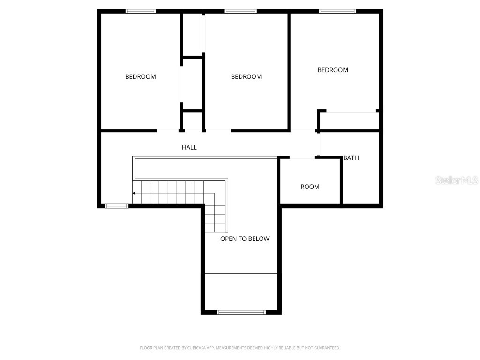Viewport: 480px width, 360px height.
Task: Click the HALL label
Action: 189,147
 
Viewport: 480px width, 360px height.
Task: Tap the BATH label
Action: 351,158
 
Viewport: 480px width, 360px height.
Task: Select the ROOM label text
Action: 310,187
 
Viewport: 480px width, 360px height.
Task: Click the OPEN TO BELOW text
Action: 245,239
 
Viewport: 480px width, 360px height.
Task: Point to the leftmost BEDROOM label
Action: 140,76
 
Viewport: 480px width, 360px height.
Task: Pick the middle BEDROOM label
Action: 246,76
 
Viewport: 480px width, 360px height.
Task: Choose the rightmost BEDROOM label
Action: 333,70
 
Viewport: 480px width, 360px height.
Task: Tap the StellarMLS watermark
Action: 456,180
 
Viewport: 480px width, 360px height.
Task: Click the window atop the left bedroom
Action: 141,11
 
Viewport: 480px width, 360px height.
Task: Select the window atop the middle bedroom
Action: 240,11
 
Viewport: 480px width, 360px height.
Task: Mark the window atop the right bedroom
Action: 337,11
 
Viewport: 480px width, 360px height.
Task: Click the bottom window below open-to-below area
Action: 241,312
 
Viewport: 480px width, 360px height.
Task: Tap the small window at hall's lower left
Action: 116,205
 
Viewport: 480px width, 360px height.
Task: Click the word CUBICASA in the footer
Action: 203,348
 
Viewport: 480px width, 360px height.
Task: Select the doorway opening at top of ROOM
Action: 302,158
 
